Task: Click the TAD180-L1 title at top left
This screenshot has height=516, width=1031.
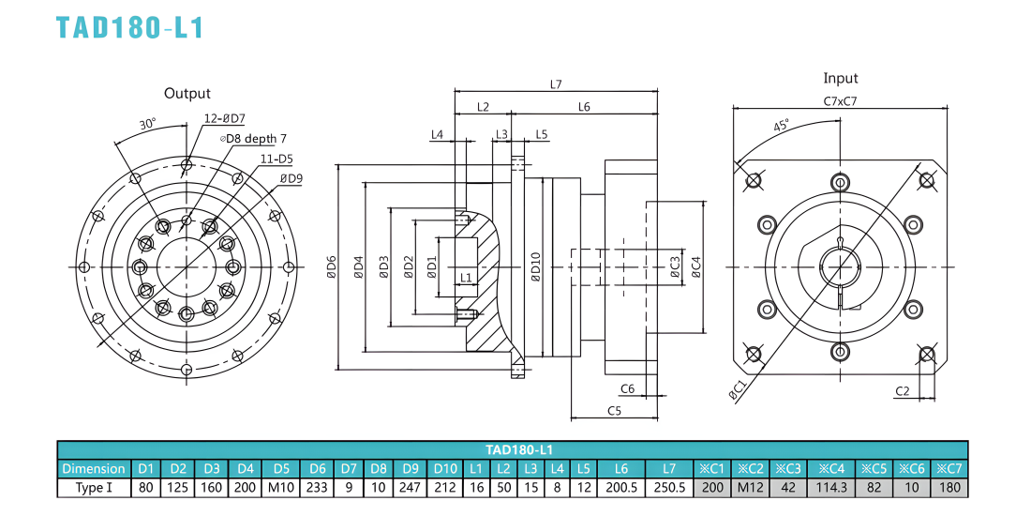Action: coord(129,28)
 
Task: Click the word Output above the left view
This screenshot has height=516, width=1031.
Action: coord(187,94)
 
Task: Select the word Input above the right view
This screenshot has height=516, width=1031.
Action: coord(841,78)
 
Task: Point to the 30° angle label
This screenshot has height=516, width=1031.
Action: coord(148,124)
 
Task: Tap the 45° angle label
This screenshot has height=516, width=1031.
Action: coord(781,125)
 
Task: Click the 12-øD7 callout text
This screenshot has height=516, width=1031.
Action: coord(224,118)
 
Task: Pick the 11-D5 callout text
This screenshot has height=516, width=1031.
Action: coord(276,158)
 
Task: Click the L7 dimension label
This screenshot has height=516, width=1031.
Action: coord(556,84)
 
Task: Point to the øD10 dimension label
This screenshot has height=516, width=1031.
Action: coord(536,266)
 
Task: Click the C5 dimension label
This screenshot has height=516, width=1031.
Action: coord(614,411)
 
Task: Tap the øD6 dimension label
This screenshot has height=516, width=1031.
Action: coord(332,266)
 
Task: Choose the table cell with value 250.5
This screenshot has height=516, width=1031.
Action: coord(668,488)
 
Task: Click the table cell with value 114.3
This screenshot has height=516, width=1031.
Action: coord(831,488)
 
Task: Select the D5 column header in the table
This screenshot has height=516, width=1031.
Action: coord(281,468)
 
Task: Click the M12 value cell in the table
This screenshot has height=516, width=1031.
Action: coord(750,488)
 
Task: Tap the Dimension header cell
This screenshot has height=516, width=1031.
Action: coord(94,468)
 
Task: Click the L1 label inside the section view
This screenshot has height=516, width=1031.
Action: coord(466,277)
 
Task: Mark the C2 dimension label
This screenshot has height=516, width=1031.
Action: coord(902,391)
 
